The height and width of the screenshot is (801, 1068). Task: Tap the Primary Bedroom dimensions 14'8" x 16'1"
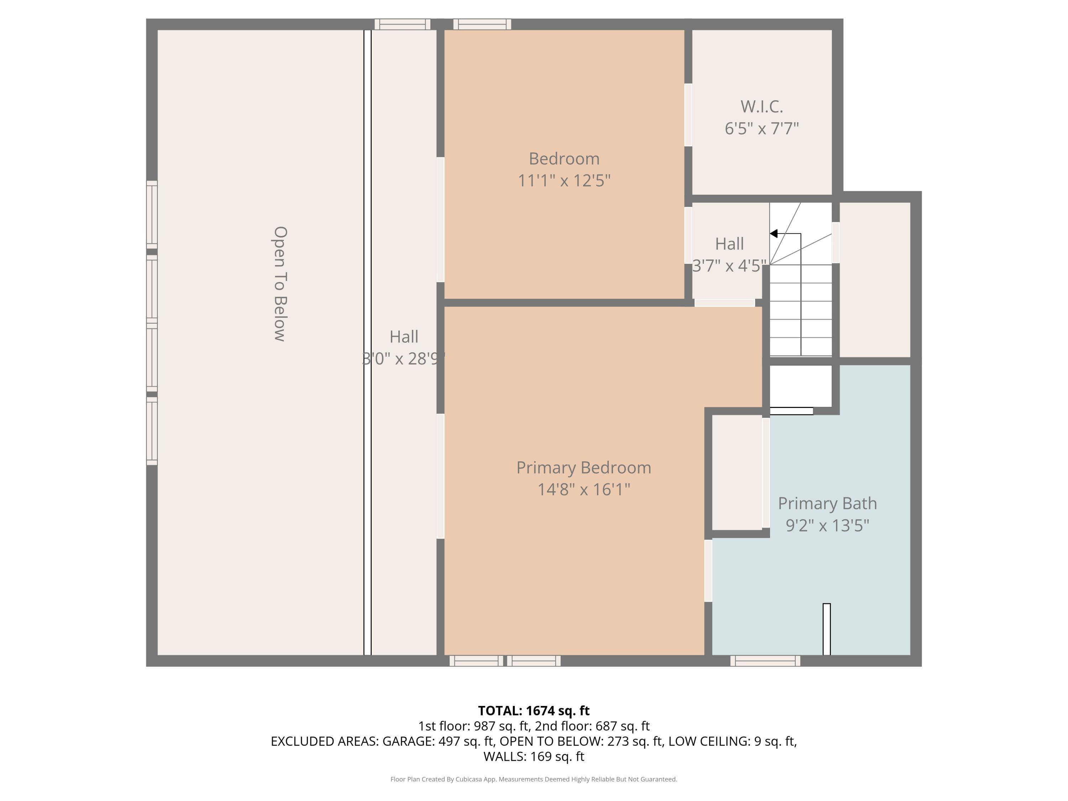[x=584, y=489]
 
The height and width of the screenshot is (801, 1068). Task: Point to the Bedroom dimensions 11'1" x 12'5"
[x=564, y=180]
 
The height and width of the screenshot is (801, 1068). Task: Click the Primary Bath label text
[x=827, y=504]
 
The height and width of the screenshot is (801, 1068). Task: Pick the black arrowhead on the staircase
[x=774, y=234]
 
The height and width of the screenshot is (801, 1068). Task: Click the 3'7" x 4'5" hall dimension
[x=729, y=266]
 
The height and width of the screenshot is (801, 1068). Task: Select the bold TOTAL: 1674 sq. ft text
[x=534, y=711]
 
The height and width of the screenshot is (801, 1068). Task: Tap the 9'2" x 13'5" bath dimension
[x=827, y=525]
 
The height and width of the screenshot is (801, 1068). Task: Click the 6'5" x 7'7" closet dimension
[x=761, y=129]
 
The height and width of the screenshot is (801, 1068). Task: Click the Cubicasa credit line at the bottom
[x=534, y=779]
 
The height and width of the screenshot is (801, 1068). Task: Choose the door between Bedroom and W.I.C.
[x=688, y=115]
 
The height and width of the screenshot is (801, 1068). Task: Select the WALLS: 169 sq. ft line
[x=534, y=756]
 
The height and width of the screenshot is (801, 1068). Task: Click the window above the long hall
[x=402, y=24]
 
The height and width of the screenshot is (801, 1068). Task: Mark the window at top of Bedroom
[x=482, y=24]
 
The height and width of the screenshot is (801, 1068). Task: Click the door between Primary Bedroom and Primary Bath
[x=708, y=570]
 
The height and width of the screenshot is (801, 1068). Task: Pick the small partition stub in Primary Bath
[x=827, y=629]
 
